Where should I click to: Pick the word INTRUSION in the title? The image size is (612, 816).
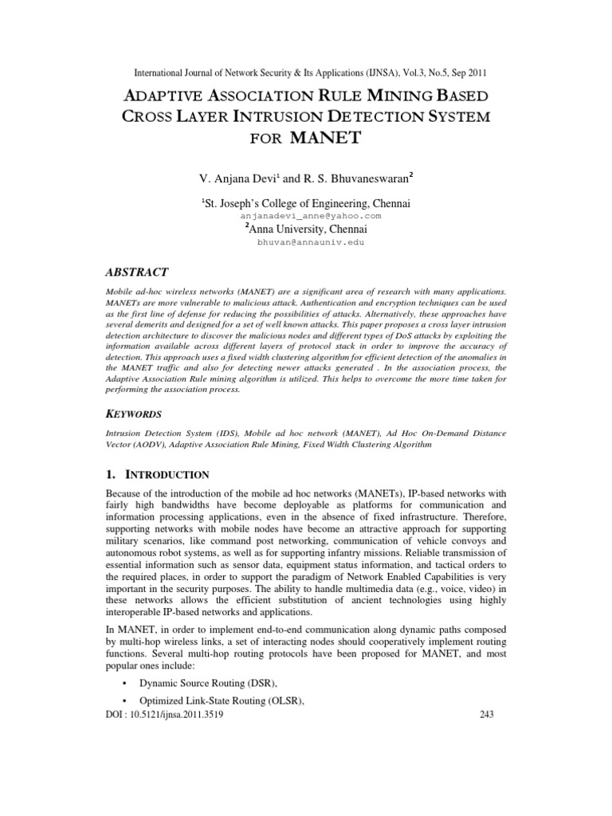(265, 116)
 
